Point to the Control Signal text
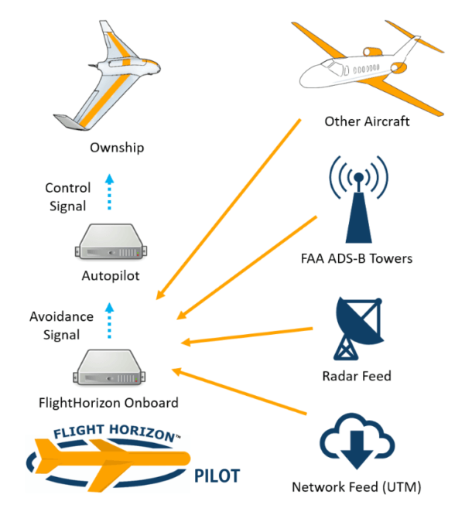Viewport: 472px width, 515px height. coord(67,197)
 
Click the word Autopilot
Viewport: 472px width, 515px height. coord(110,275)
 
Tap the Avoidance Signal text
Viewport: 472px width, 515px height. coord(62,325)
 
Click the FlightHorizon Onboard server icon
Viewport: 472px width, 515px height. coord(109,368)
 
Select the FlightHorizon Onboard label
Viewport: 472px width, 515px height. coord(110,402)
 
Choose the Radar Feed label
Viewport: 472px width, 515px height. coord(357,377)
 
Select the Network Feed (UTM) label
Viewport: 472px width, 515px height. coord(357,488)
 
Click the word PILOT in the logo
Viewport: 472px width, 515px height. coord(216,475)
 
